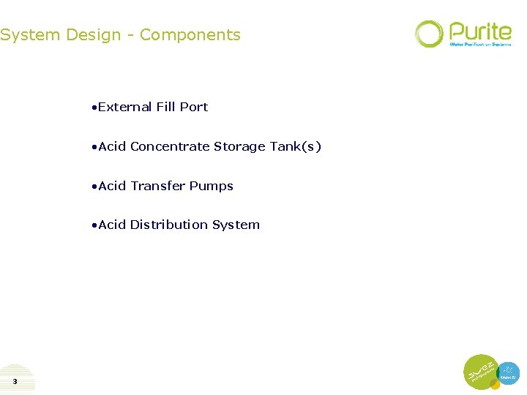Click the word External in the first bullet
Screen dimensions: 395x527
tap(125, 107)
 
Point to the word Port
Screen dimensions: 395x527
tap(194, 107)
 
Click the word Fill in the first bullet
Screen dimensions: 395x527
tap(166, 107)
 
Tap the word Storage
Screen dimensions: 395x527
tap(240, 146)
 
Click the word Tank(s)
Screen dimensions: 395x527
tap(296, 146)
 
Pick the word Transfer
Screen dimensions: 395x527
tap(158, 186)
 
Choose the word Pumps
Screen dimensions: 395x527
tap(212, 186)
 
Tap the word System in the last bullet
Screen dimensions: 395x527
tap(236, 225)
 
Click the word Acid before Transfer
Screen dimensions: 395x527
tap(112, 186)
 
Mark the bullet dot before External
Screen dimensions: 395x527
tap(94, 108)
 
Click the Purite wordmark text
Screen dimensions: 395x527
tap(480, 31)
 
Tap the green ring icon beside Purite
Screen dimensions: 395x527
tap(429, 34)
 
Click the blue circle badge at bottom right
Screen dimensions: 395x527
tap(508, 373)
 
